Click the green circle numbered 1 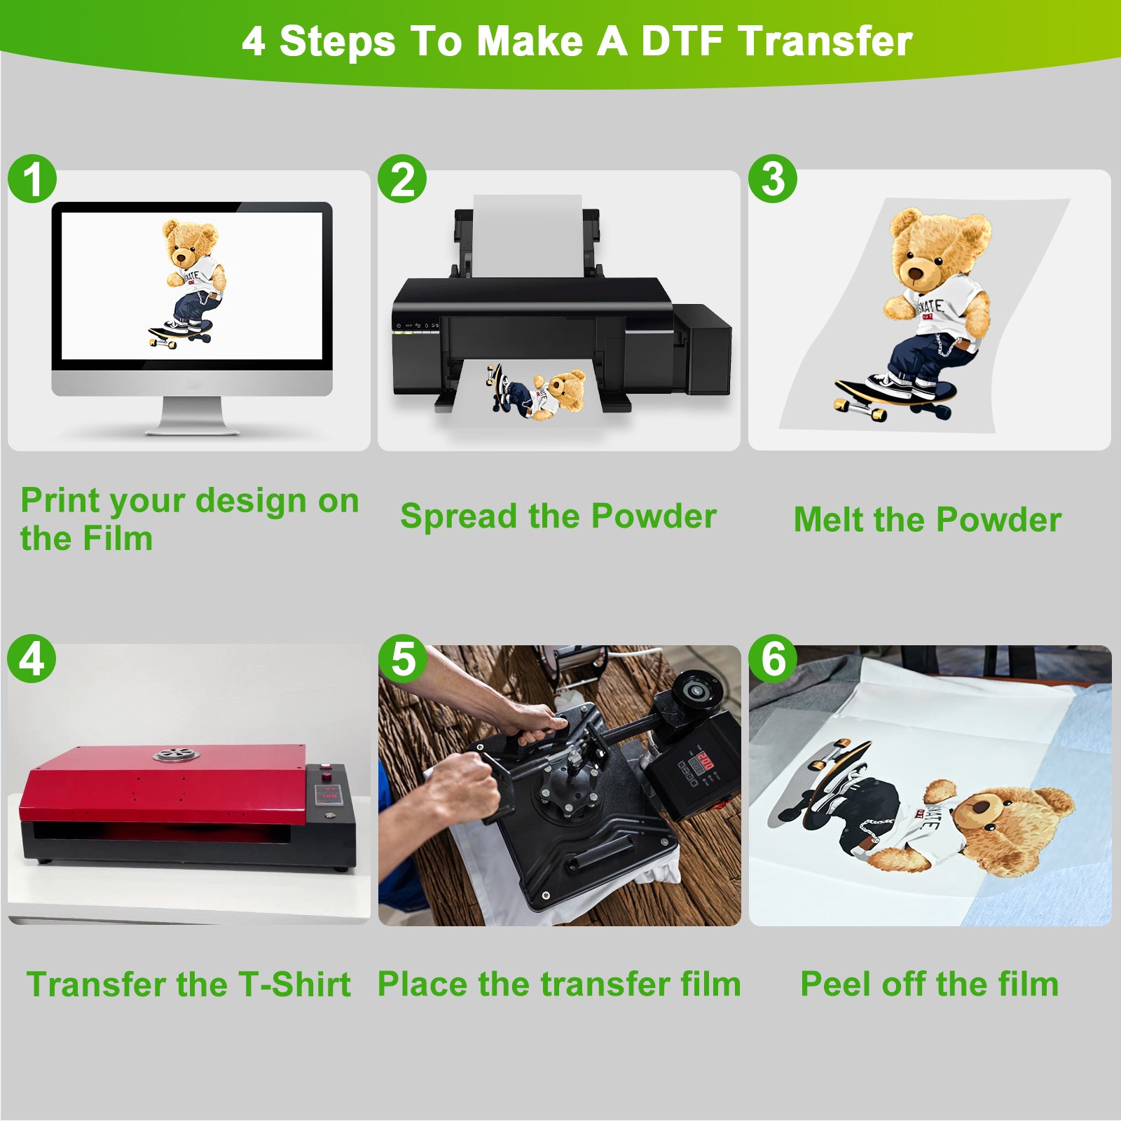pos(32,179)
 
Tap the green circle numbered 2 pos(402,179)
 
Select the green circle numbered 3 pos(773,179)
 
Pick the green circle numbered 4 pos(32,659)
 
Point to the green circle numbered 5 pos(403,659)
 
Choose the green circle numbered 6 pos(773,659)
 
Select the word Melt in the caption pos(829,520)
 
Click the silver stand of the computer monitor pos(192,416)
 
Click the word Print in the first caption pos(60,501)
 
